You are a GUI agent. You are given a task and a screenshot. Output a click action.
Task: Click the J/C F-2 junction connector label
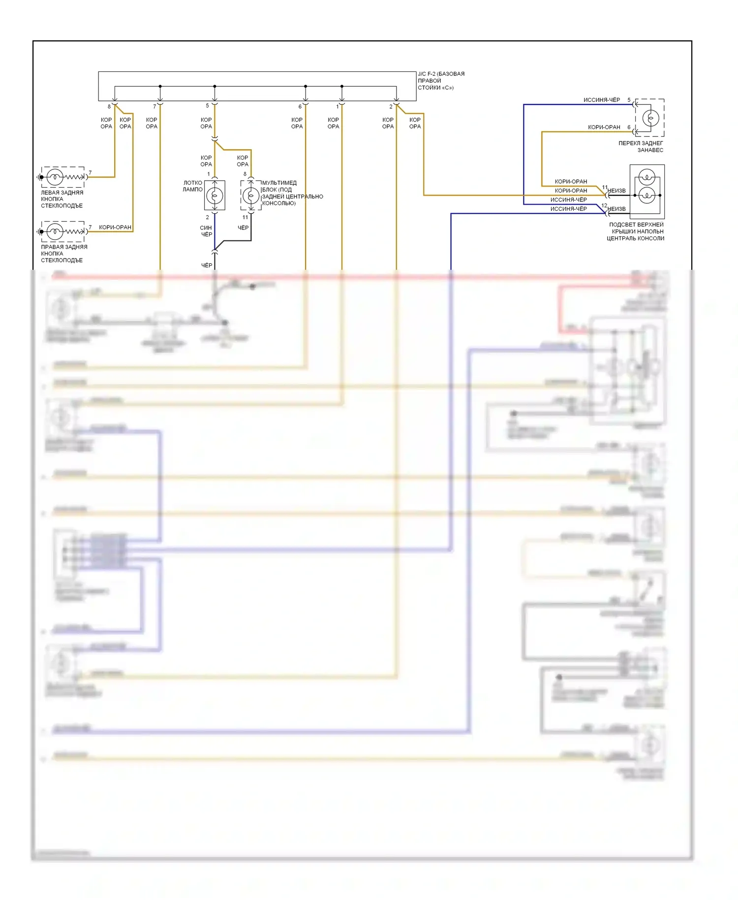click(x=441, y=81)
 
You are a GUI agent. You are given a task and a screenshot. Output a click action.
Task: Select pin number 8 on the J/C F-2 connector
click(x=109, y=106)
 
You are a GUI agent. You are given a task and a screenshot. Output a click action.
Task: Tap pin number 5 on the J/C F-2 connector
click(x=207, y=106)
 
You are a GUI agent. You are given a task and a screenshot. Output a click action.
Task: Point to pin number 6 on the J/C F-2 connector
click(x=300, y=106)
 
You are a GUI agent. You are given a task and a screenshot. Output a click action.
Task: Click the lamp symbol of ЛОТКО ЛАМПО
click(x=215, y=195)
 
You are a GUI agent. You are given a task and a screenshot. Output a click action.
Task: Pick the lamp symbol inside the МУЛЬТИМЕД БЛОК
click(x=251, y=195)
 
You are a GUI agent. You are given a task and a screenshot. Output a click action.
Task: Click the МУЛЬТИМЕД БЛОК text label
click(x=292, y=193)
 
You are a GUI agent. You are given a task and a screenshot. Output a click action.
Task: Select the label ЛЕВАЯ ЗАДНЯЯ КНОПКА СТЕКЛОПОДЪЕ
click(x=62, y=199)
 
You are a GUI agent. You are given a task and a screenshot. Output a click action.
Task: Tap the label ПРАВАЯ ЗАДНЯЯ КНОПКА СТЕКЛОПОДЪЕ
click(x=64, y=254)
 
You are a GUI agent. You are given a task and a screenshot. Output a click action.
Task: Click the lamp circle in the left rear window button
click(x=55, y=177)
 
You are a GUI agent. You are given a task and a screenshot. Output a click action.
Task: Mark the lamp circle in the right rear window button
click(x=55, y=231)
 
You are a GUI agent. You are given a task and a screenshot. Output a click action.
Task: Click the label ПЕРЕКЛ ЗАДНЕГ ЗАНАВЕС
click(x=641, y=147)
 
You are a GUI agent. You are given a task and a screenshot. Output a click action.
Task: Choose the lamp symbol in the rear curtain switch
click(x=650, y=118)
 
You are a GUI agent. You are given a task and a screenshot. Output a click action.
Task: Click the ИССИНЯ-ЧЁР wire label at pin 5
click(x=602, y=100)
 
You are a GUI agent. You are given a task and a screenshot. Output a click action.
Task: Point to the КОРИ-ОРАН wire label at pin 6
click(x=604, y=127)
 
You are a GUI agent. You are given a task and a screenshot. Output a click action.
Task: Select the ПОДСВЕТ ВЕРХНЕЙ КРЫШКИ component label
click(x=636, y=231)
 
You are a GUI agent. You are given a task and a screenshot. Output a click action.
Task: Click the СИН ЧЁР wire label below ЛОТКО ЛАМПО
click(x=206, y=231)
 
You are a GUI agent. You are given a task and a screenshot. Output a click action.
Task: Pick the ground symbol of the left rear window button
click(x=40, y=177)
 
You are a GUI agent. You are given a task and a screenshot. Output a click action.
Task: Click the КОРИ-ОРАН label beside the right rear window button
click(x=115, y=227)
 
